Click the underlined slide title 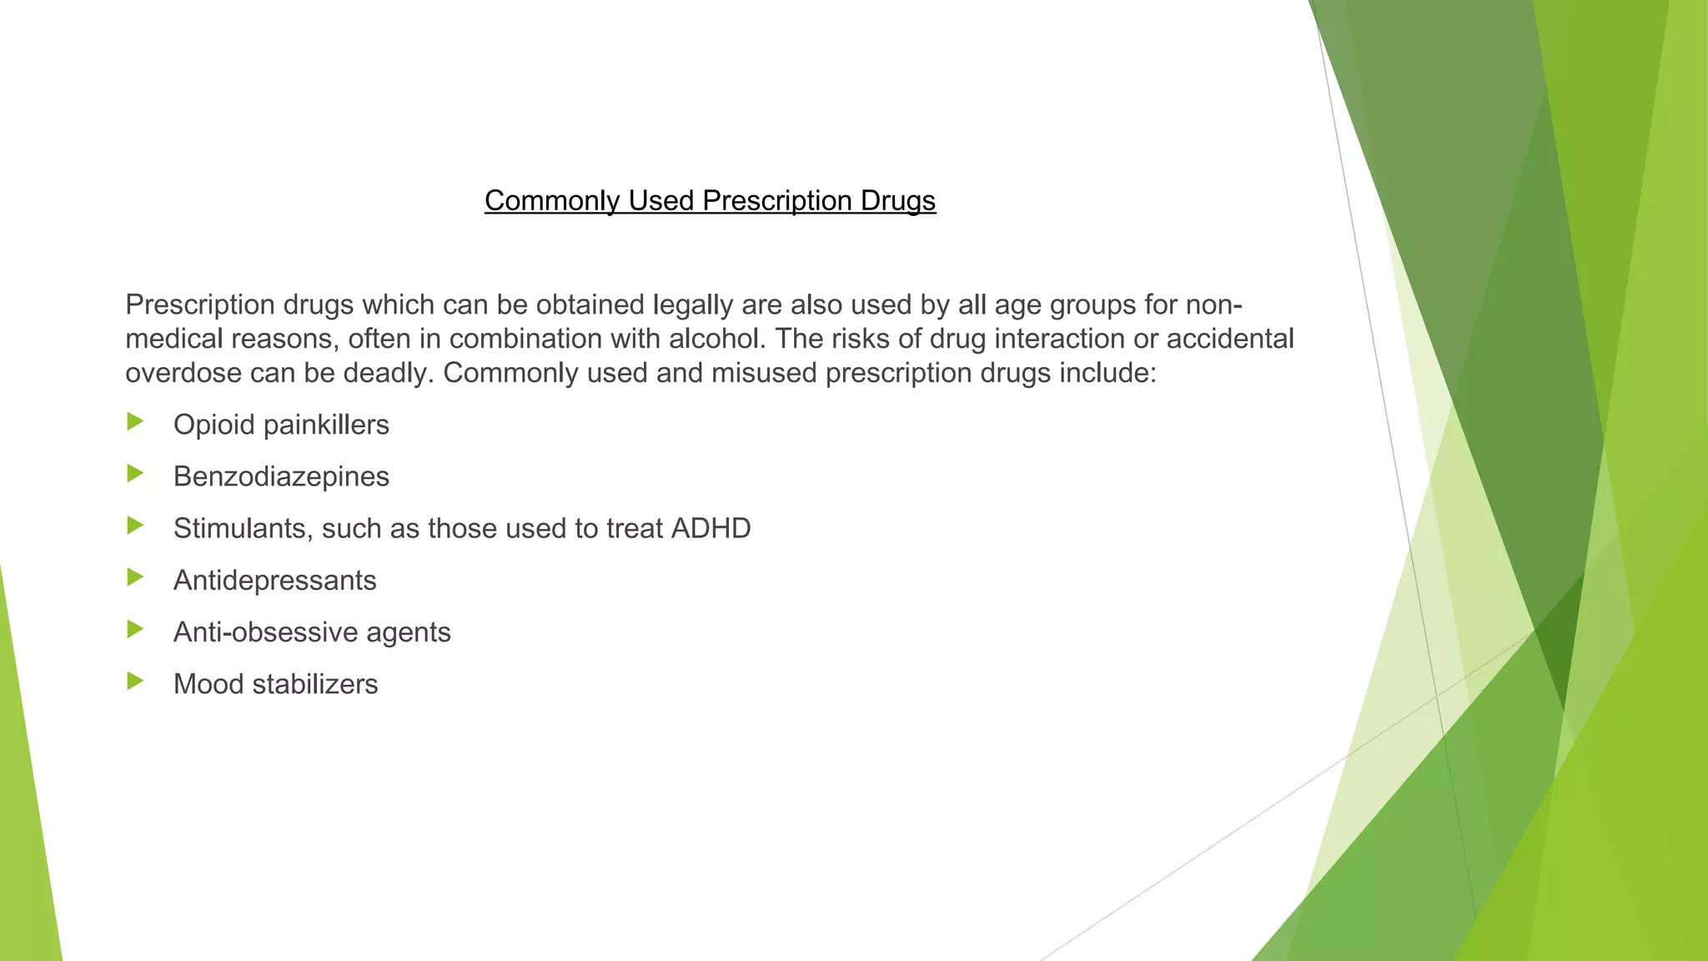click(x=710, y=201)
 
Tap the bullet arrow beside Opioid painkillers click(x=135, y=422)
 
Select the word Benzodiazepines click(x=281, y=476)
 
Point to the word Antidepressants click(x=274, y=580)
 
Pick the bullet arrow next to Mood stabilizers click(x=135, y=682)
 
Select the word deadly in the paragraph click(x=389, y=373)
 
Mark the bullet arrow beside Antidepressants click(x=135, y=577)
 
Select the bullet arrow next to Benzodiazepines click(x=135, y=474)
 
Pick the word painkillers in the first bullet click(x=326, y=425)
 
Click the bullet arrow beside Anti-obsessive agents click(x=135, y=629)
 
